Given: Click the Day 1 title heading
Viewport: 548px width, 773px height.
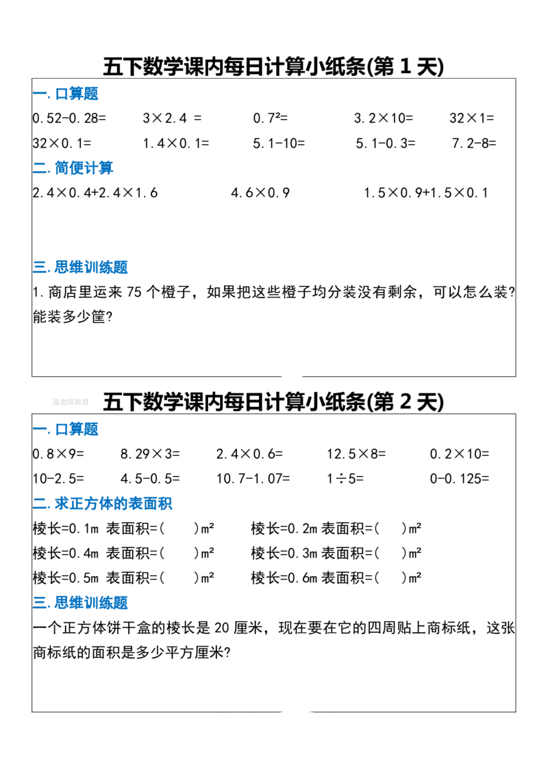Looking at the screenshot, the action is coord(273,66).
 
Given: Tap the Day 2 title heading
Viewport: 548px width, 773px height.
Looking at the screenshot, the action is coord(273,402).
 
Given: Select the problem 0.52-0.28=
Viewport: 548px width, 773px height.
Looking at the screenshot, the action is coord(70,118).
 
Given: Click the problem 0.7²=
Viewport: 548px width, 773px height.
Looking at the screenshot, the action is coord(271,118).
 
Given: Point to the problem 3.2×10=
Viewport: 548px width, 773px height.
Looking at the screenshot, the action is coord(384,118).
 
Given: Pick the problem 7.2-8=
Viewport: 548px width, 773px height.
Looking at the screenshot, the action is coord(474,143).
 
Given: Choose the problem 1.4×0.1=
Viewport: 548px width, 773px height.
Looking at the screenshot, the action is coord(176,143).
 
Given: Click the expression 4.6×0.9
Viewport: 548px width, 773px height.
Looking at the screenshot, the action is coord(261,193).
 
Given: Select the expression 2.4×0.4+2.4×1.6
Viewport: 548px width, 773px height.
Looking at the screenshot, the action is coord(95,193).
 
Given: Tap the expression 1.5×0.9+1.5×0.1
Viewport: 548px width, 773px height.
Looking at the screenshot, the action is coord(426,193).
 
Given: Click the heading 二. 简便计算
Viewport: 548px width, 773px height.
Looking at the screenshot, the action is coord(73,168).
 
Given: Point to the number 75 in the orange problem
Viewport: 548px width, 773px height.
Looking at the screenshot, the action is coord(134,292).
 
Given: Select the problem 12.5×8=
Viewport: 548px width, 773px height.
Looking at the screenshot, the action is coord(356,454).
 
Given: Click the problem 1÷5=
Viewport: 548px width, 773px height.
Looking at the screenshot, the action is coord(345,478).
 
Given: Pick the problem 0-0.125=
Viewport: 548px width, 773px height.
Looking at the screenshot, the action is coord(460,478).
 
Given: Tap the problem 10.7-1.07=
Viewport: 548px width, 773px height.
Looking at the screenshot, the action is coord(253,478).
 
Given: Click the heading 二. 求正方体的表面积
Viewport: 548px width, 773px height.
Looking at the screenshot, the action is coord(103,503).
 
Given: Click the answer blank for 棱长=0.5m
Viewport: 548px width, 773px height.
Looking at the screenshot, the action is coord(179,578).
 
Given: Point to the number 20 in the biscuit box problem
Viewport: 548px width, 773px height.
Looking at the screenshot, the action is coord(222,627).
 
